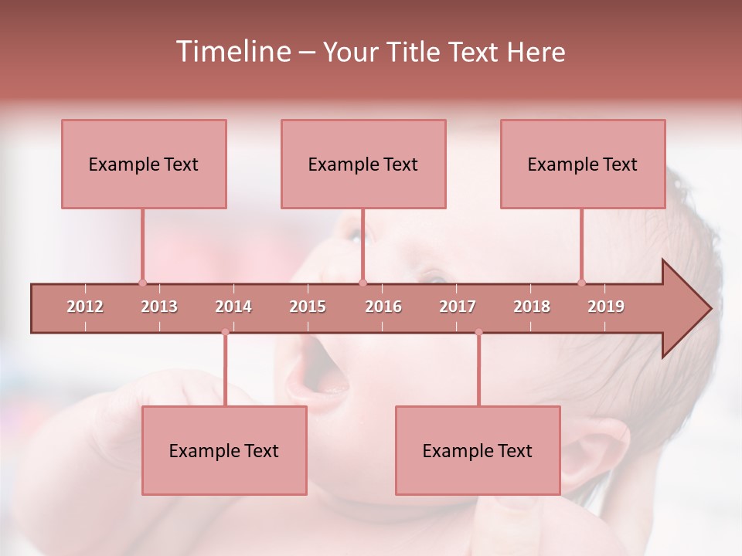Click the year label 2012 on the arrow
pos(85,307)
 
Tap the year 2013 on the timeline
pos(159,307)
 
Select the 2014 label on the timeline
pos(233,307)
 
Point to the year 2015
pos(308,307)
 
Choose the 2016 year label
pos(383,307)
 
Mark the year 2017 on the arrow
pos(458,307)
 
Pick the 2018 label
pos(532,307)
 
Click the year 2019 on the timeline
pos(606,307)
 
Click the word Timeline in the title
pos(233,52)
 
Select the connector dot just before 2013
pos(142,283)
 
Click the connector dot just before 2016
pos(362,283)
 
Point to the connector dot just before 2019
pos(582,283)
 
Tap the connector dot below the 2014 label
pos(225,332)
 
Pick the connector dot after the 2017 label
pos(478,332)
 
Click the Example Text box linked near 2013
pos(144,164)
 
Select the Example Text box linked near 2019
pos(583,164)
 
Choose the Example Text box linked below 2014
pos(224,450)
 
